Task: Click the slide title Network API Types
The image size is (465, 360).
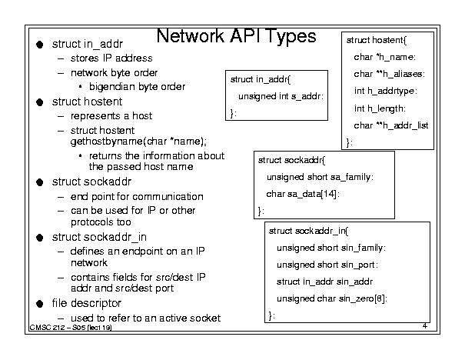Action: click(237, 36)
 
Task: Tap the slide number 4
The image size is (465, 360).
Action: click(425, 326)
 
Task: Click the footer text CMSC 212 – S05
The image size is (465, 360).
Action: click(57, 328)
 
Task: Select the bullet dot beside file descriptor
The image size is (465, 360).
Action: click(40, 304)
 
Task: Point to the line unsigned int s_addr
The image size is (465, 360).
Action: click(281, 96)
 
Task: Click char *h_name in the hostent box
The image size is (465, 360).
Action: click(384, 57)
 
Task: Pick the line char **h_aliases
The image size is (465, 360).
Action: click(390, 74)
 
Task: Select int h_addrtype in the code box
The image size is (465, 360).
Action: click(386, 91)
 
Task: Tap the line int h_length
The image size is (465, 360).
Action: click(380, 108)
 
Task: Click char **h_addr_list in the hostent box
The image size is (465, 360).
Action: click(391, 125)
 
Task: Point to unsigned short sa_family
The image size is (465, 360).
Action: click(320, 177)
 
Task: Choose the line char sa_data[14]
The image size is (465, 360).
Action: click(303, 194)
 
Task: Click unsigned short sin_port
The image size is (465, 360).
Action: click(327, 265)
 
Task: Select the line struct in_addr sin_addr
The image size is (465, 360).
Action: click(324, 282)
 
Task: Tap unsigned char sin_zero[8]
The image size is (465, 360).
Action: click(332, 298)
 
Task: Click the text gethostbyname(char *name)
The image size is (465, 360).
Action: click(138, 142)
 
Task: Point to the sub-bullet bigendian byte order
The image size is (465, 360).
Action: click(137, 87)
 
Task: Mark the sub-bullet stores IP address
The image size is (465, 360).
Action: click(111, 58)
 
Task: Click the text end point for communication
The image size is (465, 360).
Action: click(137, 197)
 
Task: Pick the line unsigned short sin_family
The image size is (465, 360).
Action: click(331, 248)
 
